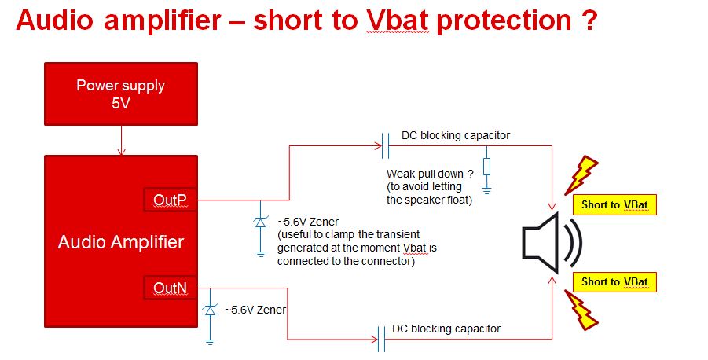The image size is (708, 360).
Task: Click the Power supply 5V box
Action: click(121, 94)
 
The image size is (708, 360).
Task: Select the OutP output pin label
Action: click(171, 200)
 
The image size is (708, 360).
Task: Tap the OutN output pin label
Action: click(171, 287)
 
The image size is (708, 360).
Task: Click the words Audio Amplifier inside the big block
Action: click(121, 242)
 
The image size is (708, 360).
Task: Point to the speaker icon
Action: click(552, 242)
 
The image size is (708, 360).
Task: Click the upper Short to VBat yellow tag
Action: click(614, 204)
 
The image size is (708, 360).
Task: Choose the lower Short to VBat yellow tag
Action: click(614, 282)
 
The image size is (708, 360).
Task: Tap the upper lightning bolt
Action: click(581, 174)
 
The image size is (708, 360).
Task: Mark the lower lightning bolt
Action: click(581, 310)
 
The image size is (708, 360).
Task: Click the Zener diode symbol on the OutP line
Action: click(261, 222)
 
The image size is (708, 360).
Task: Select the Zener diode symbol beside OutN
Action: click(210, 310)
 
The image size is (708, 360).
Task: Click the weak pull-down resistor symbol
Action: click(486, 167)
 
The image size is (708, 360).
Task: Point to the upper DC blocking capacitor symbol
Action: click(385, 145)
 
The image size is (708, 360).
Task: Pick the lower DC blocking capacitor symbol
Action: click(381, 340)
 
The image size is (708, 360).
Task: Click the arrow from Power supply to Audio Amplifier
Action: click(121, 141)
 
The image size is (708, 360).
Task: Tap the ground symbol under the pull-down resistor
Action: click(486, 190)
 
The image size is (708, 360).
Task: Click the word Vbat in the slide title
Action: click(398, 20)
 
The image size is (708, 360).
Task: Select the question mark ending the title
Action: click(589, 20)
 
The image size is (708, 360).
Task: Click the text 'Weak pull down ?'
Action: click(430, 174)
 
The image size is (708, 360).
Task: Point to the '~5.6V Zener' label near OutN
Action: click(255, 310)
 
